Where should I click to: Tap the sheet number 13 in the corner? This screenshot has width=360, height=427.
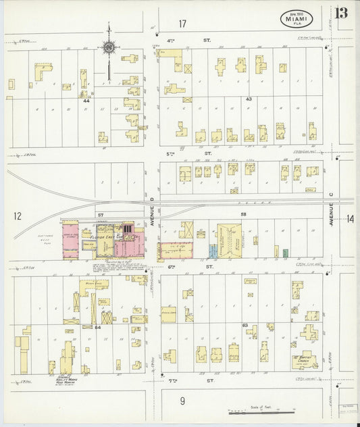342,14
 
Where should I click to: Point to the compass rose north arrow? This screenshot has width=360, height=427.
108,47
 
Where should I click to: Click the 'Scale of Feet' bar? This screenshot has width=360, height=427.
261,409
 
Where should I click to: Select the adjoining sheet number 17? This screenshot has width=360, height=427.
182,24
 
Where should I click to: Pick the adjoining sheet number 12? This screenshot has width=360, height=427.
17,216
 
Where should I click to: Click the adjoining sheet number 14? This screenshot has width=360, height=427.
350,218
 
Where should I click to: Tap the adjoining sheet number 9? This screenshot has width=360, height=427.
182,401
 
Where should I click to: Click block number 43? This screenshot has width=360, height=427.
249,99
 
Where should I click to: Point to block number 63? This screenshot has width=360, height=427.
245,325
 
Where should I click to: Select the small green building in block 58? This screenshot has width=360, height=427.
286,253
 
